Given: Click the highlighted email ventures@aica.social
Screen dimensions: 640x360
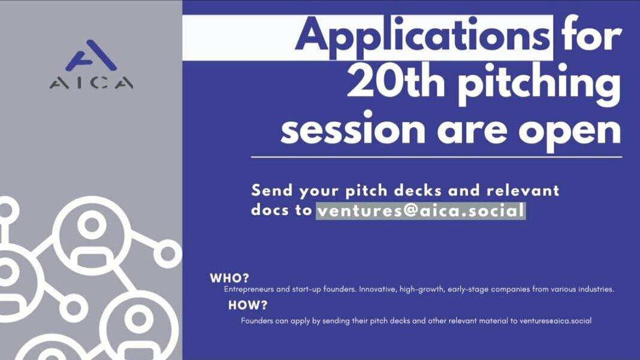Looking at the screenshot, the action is (421, 211).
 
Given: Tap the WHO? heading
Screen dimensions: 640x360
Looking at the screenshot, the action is (230, 278).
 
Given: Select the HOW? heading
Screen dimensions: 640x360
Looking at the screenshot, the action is (247, 305).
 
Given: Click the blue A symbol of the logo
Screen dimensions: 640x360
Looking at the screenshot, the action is (91, 55).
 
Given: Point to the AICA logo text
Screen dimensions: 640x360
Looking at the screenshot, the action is (92, 83).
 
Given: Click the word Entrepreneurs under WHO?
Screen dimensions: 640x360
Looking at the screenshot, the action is (249, 289).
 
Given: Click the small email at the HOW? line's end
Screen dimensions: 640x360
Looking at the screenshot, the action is (555, 321).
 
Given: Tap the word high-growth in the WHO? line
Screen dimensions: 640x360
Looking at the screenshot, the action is (422, 289).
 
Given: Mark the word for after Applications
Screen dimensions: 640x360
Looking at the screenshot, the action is (591, 35).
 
